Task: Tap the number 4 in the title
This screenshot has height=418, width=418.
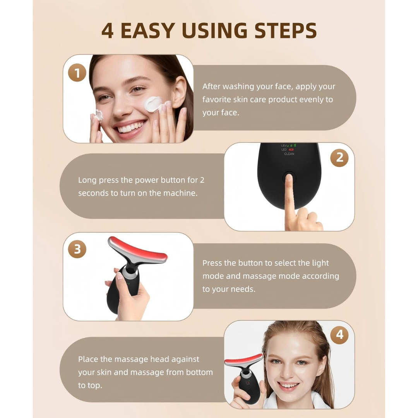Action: pos(108,31)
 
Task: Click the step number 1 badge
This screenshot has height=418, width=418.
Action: pos(77,73)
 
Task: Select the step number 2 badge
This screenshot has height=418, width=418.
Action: pos(339,158)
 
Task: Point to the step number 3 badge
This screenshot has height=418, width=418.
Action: pos(77,250)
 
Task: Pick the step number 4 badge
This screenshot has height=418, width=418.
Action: pos(339,334)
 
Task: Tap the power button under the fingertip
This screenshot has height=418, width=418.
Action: pos(289,178)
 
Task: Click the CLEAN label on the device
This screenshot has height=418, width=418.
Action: pos(289,154)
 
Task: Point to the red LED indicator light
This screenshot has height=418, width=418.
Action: pos(291,150)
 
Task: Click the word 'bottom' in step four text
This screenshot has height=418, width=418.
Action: pos(199,372)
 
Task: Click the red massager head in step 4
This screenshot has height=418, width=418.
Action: pos(243,360)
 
